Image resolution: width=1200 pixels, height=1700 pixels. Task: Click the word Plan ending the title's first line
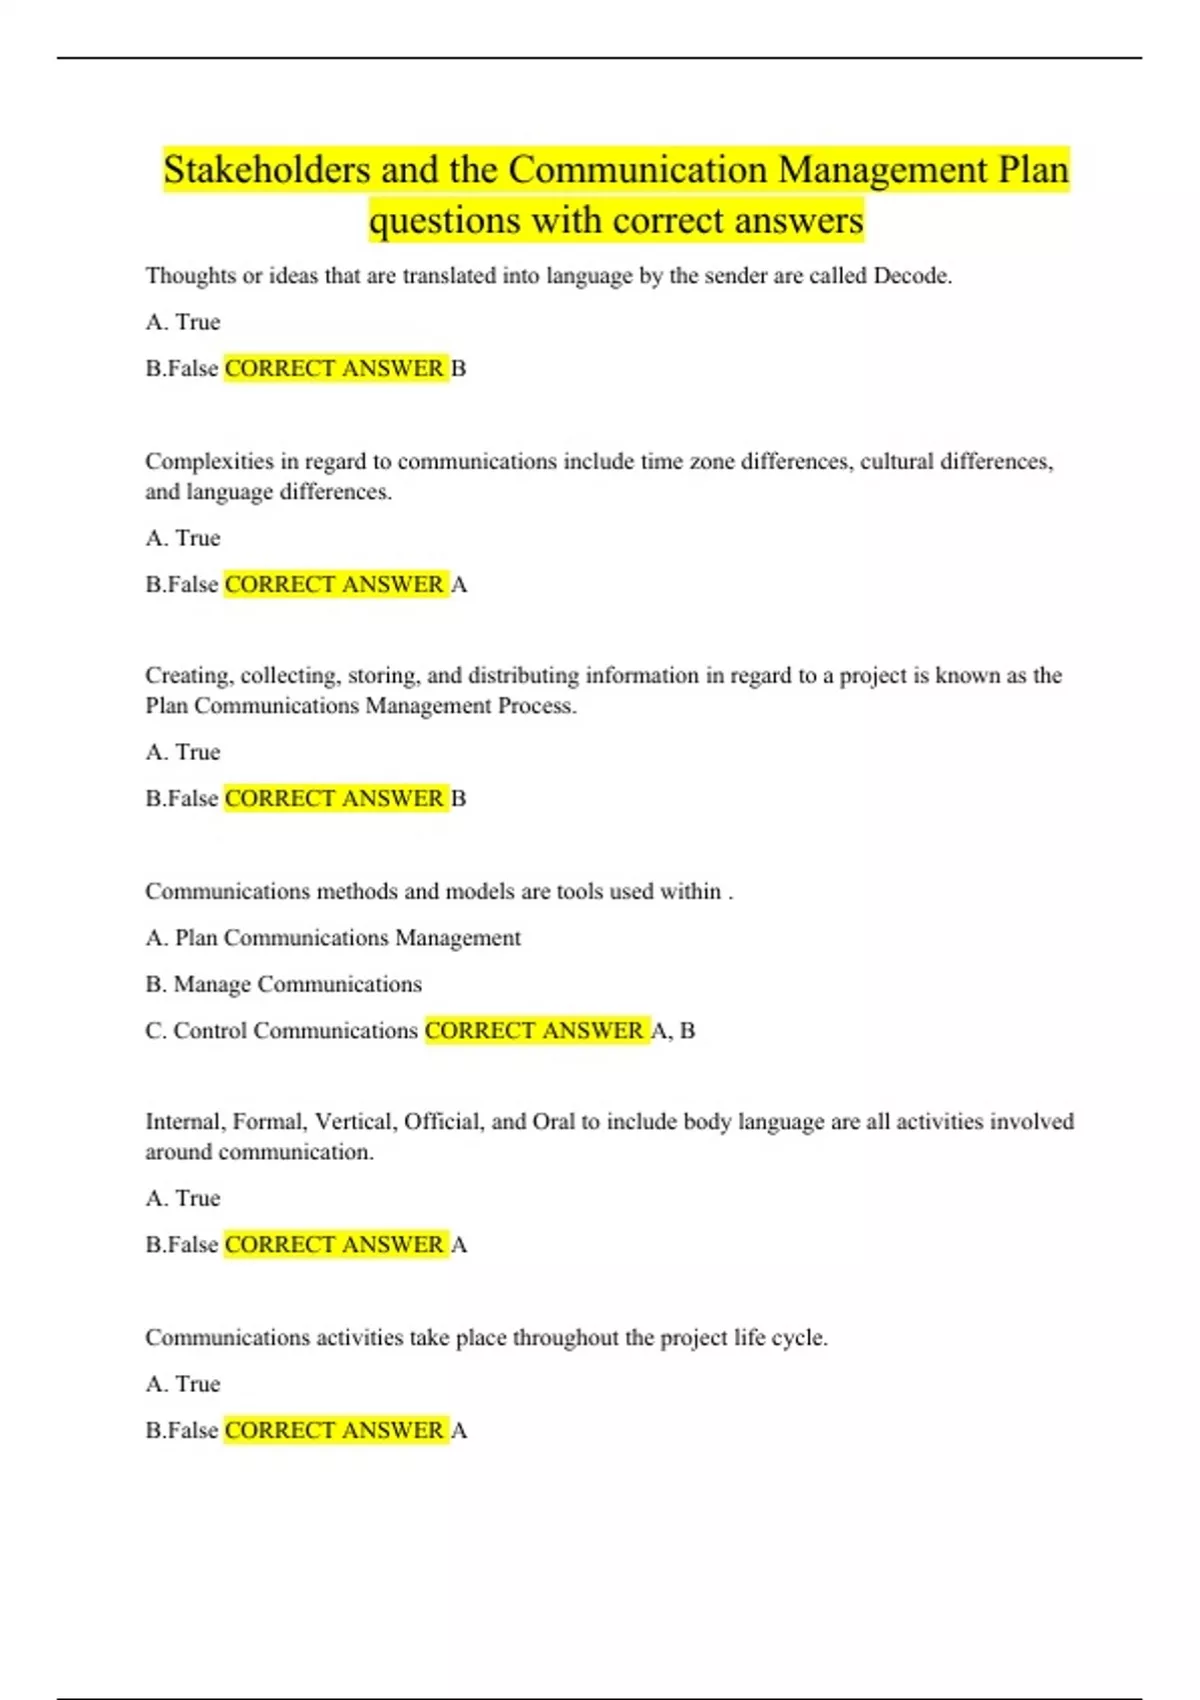tap(1034, 170)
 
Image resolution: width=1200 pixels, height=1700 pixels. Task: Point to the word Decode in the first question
tap(911, 276)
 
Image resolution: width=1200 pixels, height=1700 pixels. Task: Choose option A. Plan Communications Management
tap(333, 938)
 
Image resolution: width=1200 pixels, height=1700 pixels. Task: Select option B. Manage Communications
tap(284, 985)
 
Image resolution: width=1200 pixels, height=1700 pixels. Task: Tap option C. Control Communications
tap(282, 1031)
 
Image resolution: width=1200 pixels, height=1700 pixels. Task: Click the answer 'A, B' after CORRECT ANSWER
tap(673, 1031)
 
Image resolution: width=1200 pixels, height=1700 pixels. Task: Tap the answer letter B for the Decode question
tap(459, 369)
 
